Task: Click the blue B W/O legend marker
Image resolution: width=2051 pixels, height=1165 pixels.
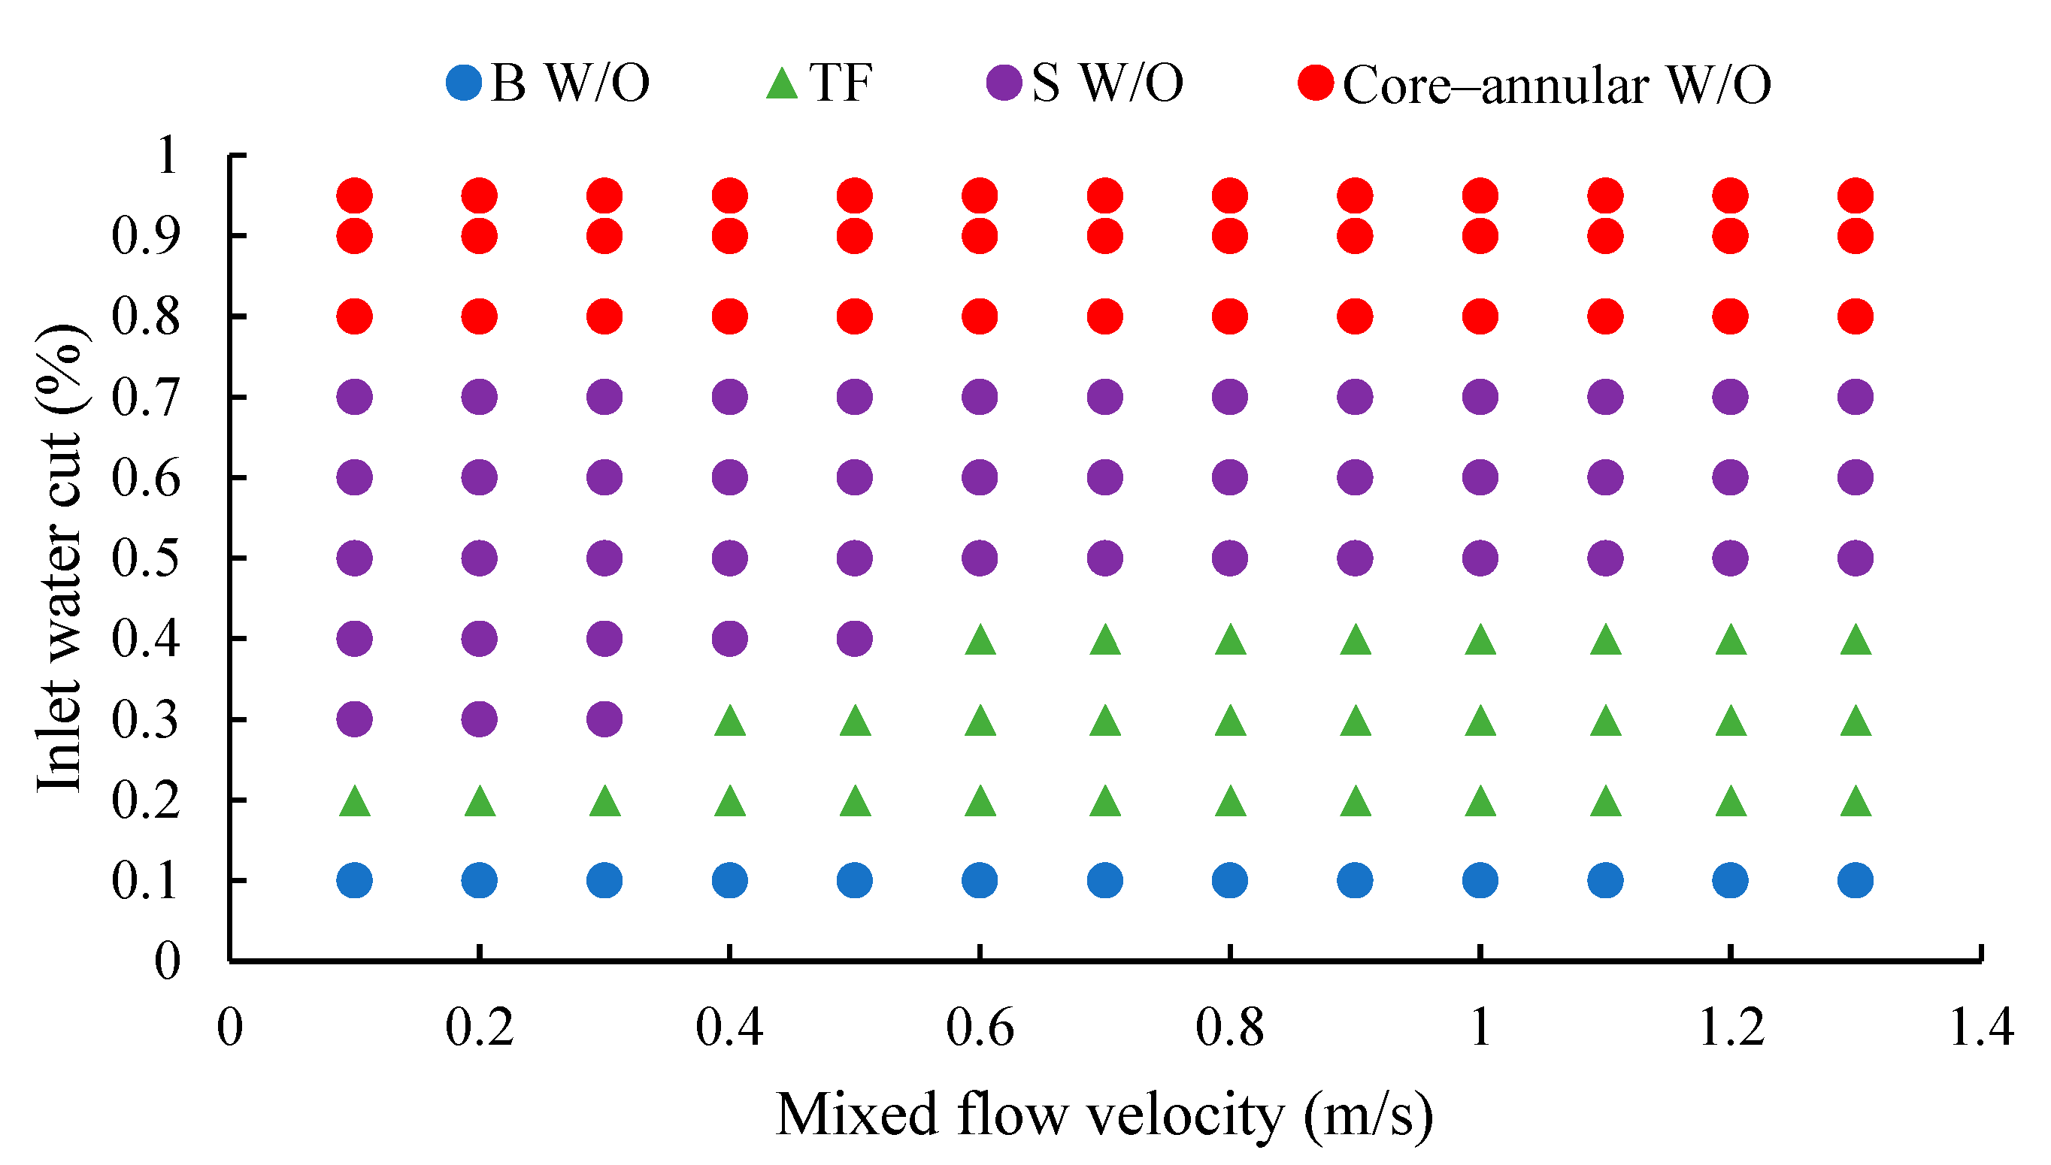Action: [x=463, y=83]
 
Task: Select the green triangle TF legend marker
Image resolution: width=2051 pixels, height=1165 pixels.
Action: [x=782, y=83]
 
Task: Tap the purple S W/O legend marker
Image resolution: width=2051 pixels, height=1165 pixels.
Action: [x=1004, y=83]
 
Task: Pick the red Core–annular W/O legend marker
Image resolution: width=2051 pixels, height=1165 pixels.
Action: [x=1316, y=83]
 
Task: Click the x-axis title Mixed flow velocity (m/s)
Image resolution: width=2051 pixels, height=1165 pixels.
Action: [x=1104, y=1114]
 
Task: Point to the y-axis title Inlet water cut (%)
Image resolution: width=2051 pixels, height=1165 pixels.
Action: [x=60, y=558]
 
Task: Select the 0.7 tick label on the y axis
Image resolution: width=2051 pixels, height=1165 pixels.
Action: [x=146, y=398]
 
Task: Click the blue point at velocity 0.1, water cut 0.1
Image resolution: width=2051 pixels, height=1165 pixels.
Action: [x=355, y=880]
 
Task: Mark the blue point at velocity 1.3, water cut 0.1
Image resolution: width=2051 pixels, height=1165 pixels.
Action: [x=1856, y=880]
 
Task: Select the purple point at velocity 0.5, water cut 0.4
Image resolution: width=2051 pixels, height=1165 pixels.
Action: [x=855, y=639]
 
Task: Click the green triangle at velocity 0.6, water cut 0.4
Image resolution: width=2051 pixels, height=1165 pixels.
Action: [x=980, y=640]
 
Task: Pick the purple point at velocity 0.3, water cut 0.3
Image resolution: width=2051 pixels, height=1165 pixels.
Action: [x=604, y=719]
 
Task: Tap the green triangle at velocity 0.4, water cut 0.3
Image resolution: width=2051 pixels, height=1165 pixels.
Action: [x=730, y=721]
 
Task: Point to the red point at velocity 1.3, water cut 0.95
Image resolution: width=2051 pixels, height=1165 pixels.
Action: [x=1856, y=195]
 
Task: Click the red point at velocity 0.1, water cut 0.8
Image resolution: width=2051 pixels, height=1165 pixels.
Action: [x=355, y=316]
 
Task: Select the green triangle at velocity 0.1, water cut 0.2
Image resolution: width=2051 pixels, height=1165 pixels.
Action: [x=355, y=801]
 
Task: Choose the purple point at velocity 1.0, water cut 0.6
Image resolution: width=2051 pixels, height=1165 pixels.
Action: [x=1480, y=478]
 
